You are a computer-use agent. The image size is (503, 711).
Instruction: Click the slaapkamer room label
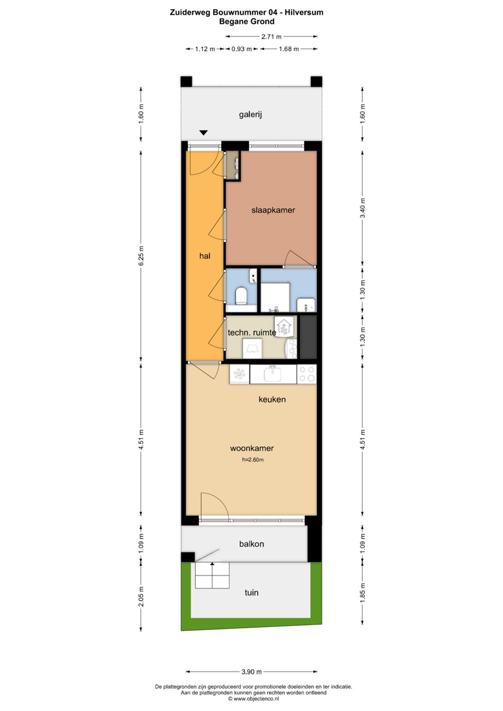coord(273,210)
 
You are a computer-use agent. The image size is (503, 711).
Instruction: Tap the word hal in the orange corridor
coord(205,256)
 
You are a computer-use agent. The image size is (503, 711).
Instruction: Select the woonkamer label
coord(252,448)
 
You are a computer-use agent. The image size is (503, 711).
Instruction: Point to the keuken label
coord(272,399)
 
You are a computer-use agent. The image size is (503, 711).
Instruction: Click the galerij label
coord(251,115)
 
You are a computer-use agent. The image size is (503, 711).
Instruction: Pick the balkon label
coord(251,544)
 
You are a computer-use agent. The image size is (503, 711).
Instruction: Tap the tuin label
coord(251,592)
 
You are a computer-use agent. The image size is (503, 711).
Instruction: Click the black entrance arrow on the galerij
coord(204,133)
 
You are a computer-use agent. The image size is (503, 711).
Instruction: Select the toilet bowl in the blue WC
coord(241,295)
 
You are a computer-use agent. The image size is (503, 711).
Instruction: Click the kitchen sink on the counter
coord(273,374)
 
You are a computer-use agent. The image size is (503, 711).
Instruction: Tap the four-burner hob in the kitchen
coord(307,374)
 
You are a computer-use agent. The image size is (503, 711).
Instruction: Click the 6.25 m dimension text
coord(141,256)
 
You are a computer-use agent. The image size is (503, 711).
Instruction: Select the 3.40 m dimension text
coord(363,208)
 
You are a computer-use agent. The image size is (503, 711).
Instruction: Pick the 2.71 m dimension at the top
coord(271,37)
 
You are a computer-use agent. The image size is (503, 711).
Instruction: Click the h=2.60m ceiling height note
coord(253,459)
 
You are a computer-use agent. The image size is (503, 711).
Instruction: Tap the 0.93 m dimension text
coord(241,49)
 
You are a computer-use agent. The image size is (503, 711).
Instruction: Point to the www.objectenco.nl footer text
coord(253,699)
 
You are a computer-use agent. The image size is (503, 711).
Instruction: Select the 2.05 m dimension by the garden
coord(141,596)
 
